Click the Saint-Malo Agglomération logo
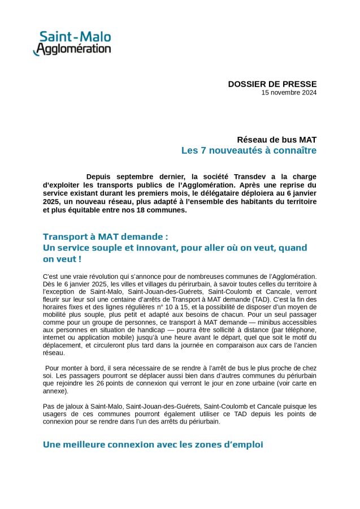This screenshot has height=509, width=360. point(72,44)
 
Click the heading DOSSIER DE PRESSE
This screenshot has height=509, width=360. point(272,84)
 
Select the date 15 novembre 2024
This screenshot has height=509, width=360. point(289,93)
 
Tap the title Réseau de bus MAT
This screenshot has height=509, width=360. point(277,139)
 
